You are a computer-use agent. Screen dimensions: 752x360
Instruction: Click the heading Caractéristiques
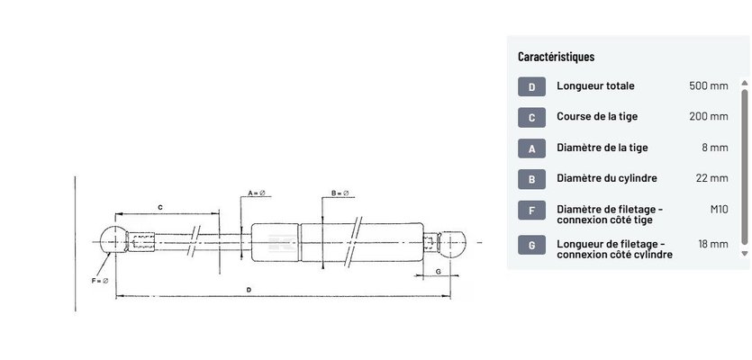[556, 57]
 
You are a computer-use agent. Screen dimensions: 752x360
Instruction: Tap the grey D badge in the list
[531, 87]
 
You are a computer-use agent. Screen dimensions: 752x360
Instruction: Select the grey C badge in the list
[531, 118]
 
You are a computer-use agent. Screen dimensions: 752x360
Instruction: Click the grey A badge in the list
[531, 148]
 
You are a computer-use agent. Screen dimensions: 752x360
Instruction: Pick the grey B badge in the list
[531, 179]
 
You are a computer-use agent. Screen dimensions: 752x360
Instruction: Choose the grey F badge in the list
[531, 210]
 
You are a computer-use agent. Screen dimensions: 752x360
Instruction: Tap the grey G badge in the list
[531, 246]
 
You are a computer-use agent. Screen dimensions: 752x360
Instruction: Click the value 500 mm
[709, 86]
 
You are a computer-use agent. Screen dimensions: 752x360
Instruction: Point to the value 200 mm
[709, 116]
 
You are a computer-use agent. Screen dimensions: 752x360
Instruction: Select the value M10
[719, 209]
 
